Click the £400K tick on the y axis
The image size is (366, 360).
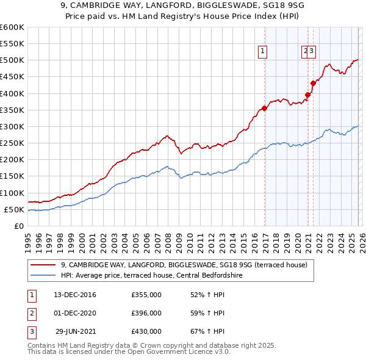click(x=12, y=93)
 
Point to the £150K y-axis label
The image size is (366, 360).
click(x=12, y=176)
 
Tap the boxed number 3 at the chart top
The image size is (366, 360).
click(x=311, y=52)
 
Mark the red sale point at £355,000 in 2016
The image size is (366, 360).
click(x=264, y=109)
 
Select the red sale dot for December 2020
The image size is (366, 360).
click(x=307, y=95)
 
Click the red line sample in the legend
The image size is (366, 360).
click(x=43, y=265)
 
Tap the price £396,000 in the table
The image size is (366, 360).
click(x=146, y=313)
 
